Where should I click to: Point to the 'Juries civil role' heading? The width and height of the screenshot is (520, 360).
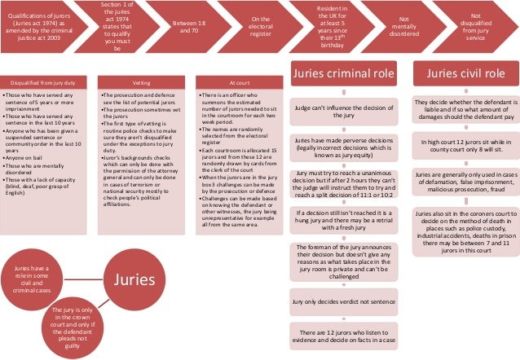[x=462, y=75]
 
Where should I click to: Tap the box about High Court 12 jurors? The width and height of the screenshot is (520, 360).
[x=462, y=145]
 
